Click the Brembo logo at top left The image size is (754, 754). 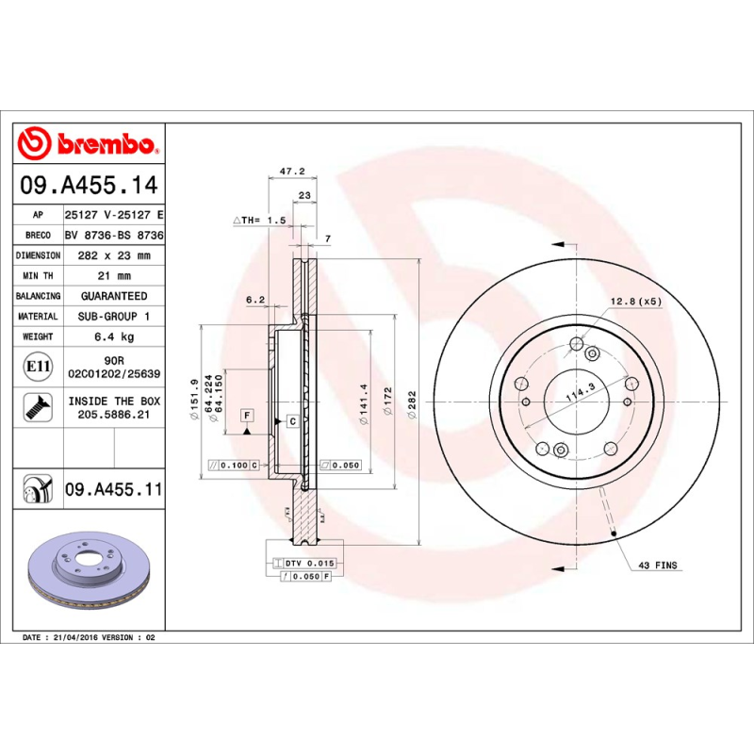(87, 144)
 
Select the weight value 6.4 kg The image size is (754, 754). (114, 336)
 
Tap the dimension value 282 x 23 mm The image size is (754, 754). (114, 255)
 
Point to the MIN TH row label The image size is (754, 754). (40, 276)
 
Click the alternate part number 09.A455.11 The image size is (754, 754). (114, 489)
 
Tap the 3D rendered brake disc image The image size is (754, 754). (87, 573)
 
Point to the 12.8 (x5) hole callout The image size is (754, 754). (636, 301)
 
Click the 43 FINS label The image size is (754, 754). (658, 565)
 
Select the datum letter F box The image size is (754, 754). (246, 416)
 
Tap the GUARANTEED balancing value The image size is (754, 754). (114, 296)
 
